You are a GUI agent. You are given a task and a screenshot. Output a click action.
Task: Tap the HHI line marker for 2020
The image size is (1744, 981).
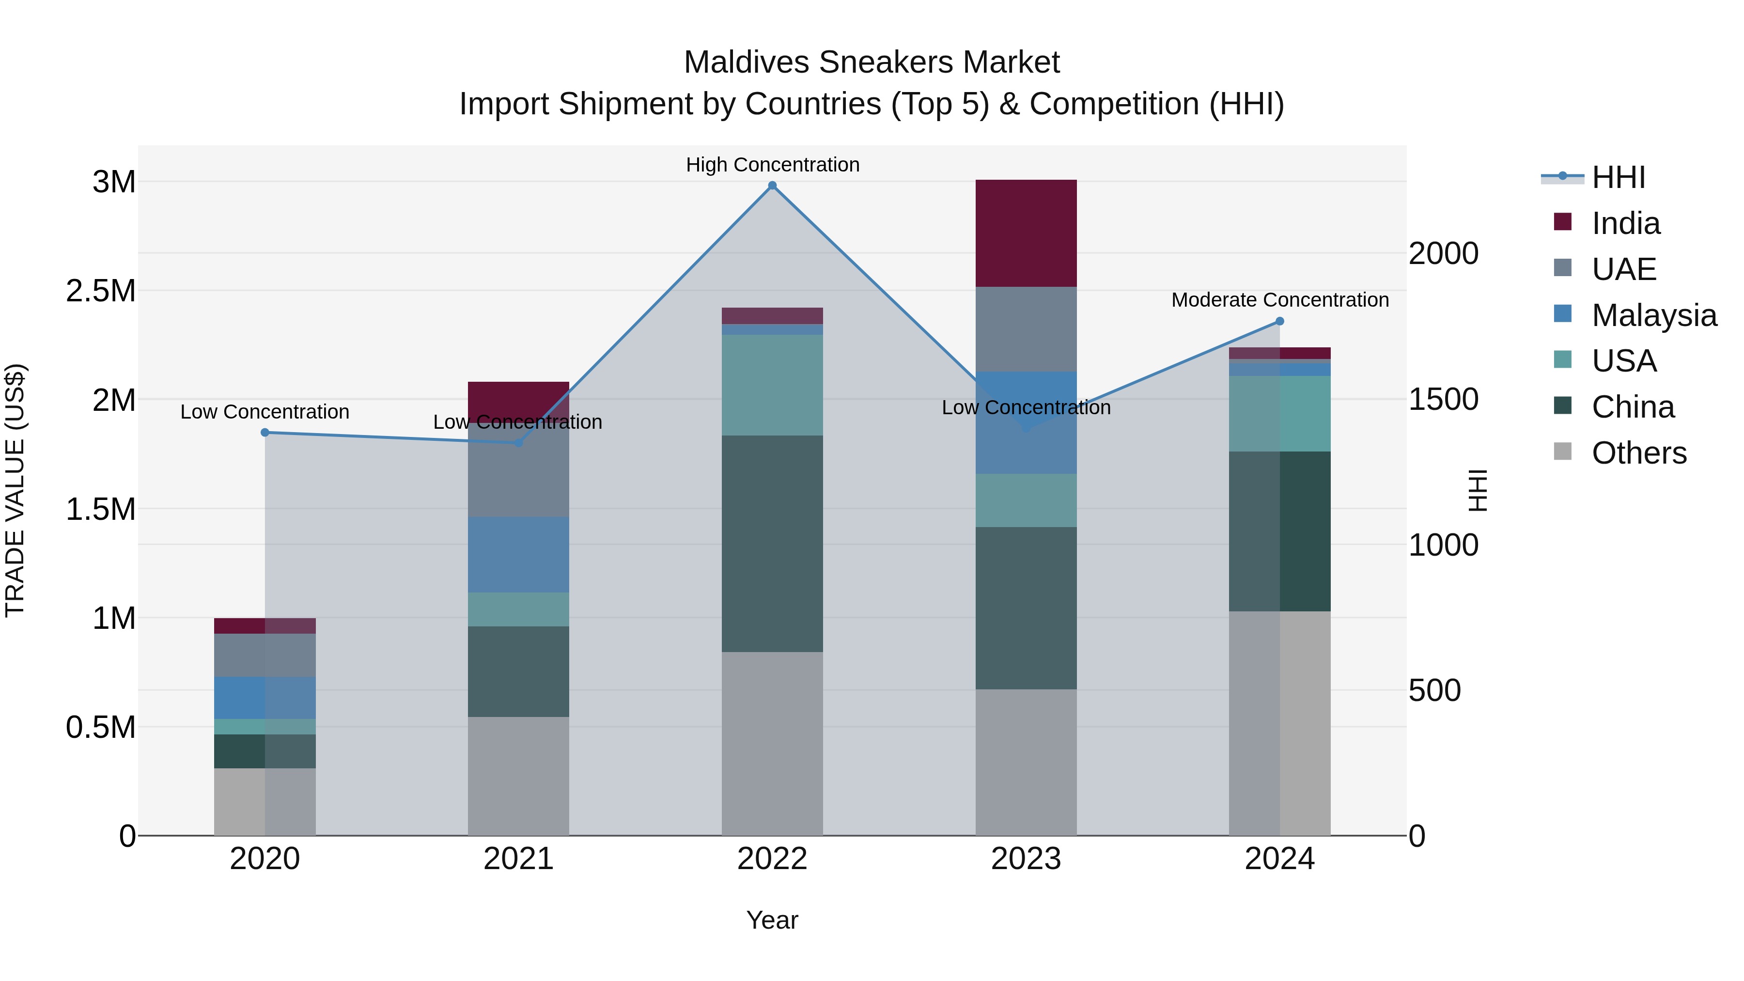[x=265, y=433]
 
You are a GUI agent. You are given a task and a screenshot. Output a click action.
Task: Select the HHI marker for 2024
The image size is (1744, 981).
[x=1279, y=322]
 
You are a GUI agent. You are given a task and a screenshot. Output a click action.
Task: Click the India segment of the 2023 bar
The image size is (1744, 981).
[x=1026, y=233]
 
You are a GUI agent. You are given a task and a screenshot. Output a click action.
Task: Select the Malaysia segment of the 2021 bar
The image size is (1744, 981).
[x=518, y=555]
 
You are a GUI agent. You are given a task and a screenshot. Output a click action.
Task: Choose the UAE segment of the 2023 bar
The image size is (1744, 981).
[x=1026, y=329]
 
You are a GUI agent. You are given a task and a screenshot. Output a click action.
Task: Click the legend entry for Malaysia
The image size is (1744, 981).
[x=1653, y=315]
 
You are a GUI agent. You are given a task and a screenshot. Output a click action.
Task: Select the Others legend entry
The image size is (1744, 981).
[x=1638, y=453]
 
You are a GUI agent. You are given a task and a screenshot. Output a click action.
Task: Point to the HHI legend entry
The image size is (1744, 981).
[x=1618, y=177]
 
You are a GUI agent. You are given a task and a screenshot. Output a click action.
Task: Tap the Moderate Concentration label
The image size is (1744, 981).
[x=1279, y=300]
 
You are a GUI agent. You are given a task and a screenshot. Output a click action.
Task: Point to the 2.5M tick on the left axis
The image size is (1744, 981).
[x=101, y=291]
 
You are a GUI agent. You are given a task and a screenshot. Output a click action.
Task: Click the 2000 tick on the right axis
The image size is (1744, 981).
[x=1444, y=254]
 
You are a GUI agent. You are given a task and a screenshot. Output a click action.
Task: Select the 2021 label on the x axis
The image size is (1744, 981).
[x=518, y=859]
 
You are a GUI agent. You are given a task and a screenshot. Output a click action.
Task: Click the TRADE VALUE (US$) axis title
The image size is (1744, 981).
[x=15, y=490]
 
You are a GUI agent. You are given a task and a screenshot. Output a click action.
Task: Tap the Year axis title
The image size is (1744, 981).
[x=772, y=920]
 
